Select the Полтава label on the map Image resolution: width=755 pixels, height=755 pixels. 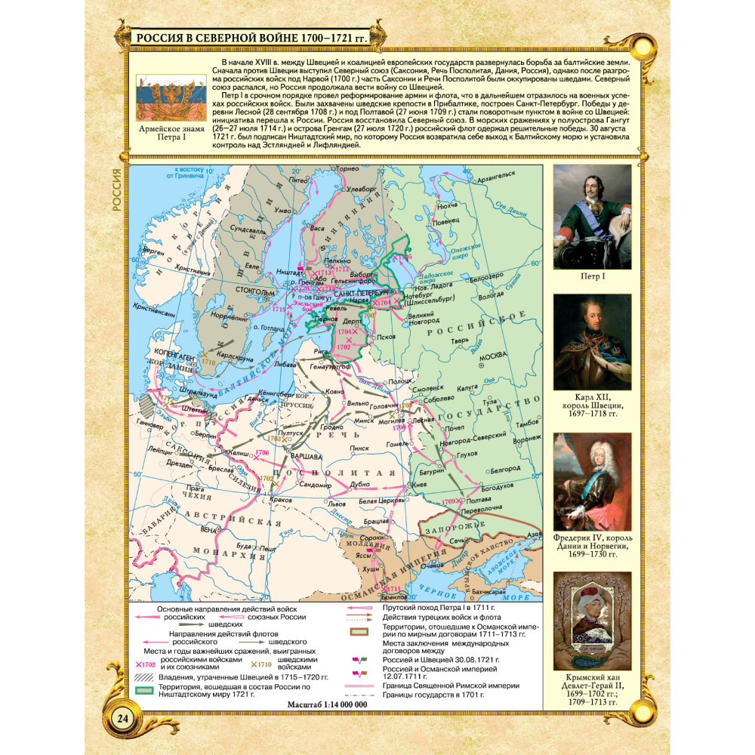tap(481, 500)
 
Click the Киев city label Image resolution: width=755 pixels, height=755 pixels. tap(419, 484)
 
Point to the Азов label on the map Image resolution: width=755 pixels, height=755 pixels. tap(533, 535)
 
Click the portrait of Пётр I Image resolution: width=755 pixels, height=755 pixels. tap(592, 217)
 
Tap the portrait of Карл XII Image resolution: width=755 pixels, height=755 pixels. tap(592, 342)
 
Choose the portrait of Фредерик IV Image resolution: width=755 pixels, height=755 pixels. tap(592, 481)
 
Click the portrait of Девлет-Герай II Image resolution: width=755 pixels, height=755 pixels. tap(592, 621)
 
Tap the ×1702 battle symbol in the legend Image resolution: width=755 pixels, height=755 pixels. tap(145, 664)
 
